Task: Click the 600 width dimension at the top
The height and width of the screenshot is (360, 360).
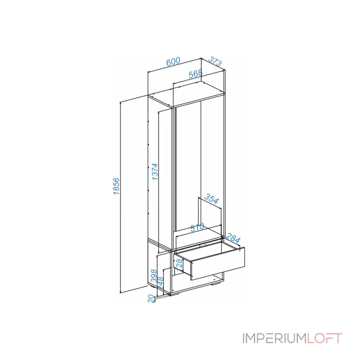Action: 173,62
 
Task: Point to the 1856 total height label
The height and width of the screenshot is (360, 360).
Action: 116,186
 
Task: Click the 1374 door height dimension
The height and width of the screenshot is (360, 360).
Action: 154,171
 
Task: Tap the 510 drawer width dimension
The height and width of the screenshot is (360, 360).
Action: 197,227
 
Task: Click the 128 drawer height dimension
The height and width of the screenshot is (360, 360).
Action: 179,265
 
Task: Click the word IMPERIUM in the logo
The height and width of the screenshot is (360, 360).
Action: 274,338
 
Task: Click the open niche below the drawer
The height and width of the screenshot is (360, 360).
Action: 202,281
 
